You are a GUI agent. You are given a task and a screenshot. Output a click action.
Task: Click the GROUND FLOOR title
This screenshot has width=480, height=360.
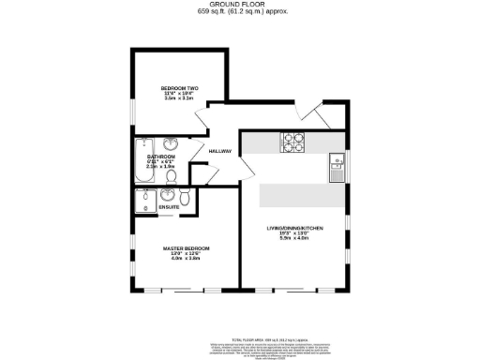[240, 5]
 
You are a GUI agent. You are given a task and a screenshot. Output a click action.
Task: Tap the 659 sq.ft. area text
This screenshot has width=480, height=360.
[240, 12]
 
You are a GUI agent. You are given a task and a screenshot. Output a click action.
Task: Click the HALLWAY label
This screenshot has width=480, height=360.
[219, 150]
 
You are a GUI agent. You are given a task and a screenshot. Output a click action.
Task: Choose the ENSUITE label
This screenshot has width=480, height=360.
[169, 206]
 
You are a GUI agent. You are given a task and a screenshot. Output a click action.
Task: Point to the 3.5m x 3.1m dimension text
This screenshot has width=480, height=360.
[178, 98]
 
